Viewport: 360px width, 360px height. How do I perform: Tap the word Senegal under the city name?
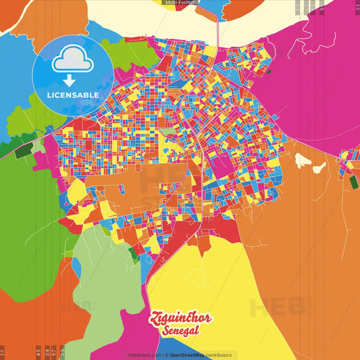pos(180,332)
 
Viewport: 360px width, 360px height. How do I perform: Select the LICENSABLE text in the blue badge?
pos(72,95)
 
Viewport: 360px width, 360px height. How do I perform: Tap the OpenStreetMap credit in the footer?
pos(191,355)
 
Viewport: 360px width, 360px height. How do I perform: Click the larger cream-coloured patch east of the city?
pos(303,161)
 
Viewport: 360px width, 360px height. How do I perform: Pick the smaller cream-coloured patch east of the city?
pos(319,167)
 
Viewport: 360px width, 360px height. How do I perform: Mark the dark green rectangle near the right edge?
pos(353,182)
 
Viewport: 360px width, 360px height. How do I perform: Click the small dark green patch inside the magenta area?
pos(268,71)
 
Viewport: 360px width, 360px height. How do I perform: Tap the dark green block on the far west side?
pos(22,151)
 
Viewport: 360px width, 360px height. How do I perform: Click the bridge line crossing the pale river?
pos(216,27)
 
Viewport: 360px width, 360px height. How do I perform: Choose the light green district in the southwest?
pos(101,263)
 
